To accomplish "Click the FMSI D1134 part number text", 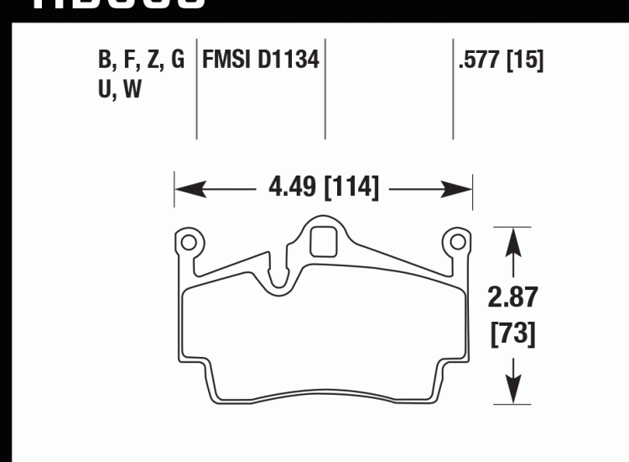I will tap(261, 60).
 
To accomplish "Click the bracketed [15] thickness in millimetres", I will tap(525, 60).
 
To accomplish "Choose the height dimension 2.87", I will tap(512, 297).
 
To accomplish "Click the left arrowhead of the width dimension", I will tap(184, 186).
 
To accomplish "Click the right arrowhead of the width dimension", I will tap(465, 186).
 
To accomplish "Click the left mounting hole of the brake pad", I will tap(189, 244).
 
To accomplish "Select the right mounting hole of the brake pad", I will tap(458, 244).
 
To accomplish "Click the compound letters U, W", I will tap(119, 89).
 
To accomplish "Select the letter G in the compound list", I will tap(176, 60).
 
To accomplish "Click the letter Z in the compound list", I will tap(153, 60).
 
